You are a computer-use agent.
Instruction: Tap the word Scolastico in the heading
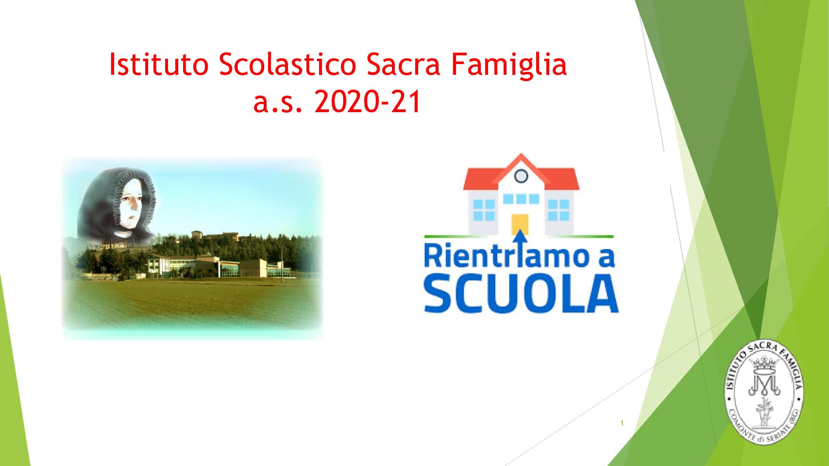pyautogui.click(x=288, y=64)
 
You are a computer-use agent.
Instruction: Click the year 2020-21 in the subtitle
pyautogui.click(x=368, y=102)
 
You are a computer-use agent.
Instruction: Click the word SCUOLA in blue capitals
pyautogui.click(x=521, y=295)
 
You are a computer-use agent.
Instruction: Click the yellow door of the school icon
pyautogui.click(x=520, y=224)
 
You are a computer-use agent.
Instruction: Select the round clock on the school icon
pyautogui.click(x=521, y=176)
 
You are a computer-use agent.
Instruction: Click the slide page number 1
pyautogui.click(x=622, y=423)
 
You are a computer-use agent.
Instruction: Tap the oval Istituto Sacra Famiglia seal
pyautogui.click(x=764, y=392)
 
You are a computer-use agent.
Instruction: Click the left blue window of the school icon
pyautogui.click(x=484, y=210)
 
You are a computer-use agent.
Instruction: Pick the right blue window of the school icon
pyautogui.click(x=559, y=210)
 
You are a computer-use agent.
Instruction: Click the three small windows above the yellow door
pyautogui.click(x=521, y=199)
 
